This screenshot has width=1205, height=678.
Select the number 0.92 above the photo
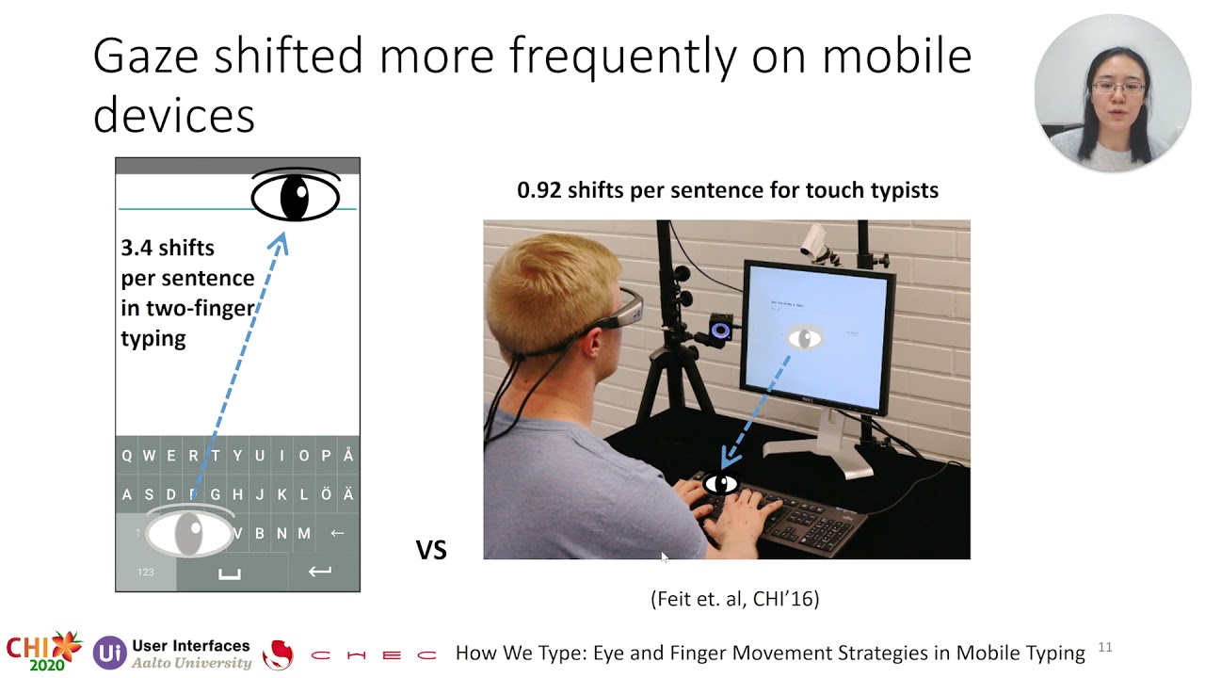pos(538,190)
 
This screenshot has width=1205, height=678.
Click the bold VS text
pos(431,550)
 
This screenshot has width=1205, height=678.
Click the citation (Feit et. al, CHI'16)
pos(734,598)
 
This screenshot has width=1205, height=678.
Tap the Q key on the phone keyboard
pos(126,456)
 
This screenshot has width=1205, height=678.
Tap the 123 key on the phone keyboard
pos(146,572)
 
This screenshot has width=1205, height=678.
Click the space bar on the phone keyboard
pos(230,573)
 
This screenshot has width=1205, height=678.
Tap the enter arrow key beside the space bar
pos(320,572)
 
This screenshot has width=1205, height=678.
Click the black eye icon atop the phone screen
pos(296,196)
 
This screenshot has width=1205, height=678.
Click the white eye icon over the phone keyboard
pos(189,533)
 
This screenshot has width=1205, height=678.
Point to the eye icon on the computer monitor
pos(804,338)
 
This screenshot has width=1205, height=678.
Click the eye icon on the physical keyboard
pos(722,484)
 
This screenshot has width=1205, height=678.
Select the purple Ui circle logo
pos(109,653)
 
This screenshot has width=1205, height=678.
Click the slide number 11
pos(1105,647)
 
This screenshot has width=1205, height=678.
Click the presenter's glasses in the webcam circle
pos(1118,88)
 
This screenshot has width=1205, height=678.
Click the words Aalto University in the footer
pos(192,663)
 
